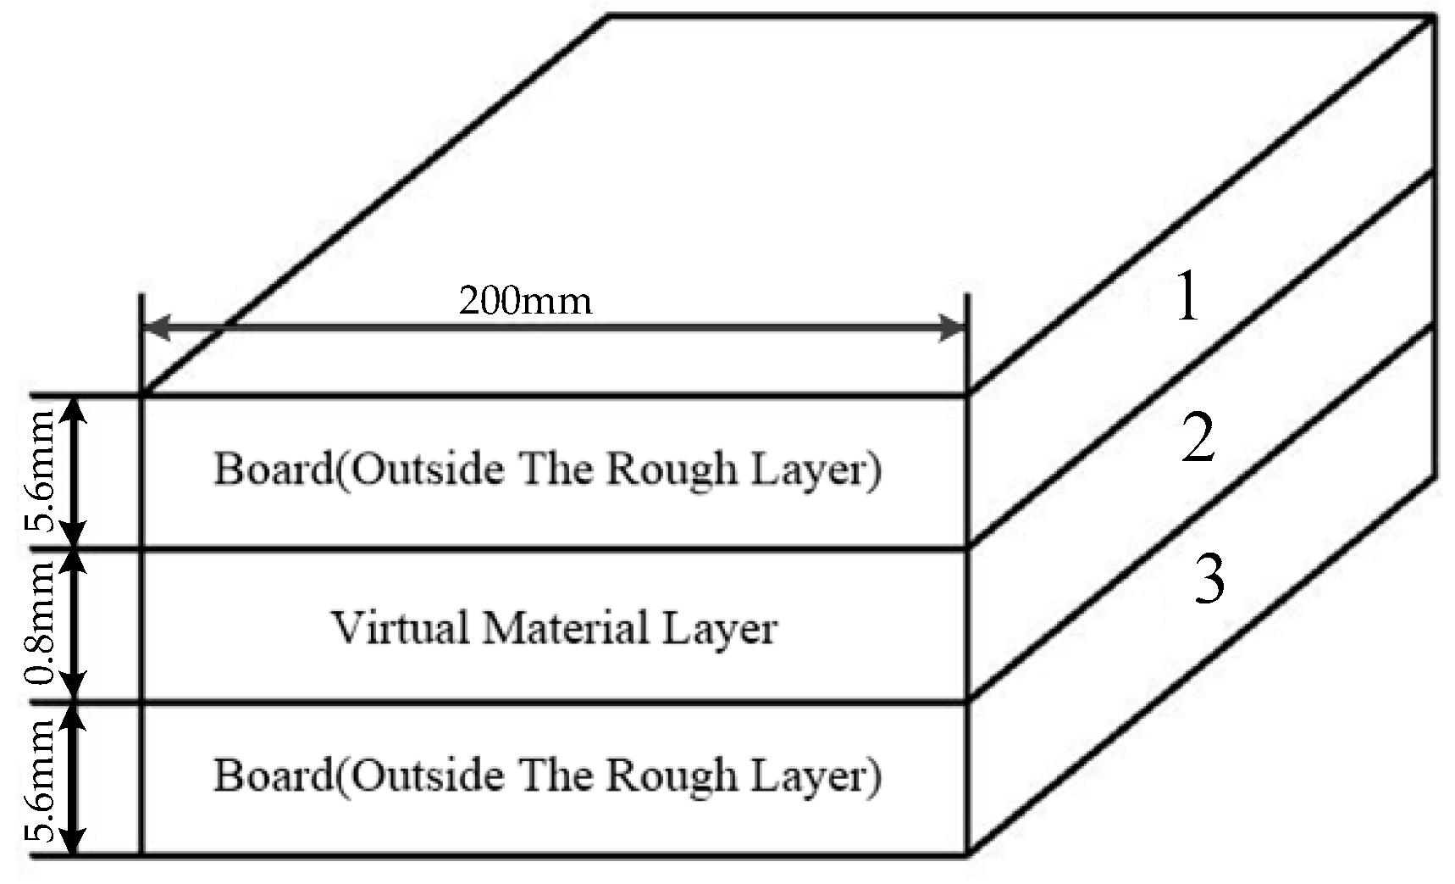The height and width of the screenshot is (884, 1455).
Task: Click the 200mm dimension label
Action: [525, 301]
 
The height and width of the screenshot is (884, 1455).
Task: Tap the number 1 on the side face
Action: [1188, 297]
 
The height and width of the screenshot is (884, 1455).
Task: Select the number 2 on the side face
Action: [1198, 439]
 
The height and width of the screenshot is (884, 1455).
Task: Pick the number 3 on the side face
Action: [1209, 580]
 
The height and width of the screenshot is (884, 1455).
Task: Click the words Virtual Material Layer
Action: [553, 628]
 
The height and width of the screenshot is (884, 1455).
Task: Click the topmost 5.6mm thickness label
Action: [40, 471]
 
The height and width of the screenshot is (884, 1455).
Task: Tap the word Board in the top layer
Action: [273, 469]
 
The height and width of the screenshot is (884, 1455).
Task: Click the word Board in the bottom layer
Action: [273, 775]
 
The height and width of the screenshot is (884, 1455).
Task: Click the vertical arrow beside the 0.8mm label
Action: [75, 625]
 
